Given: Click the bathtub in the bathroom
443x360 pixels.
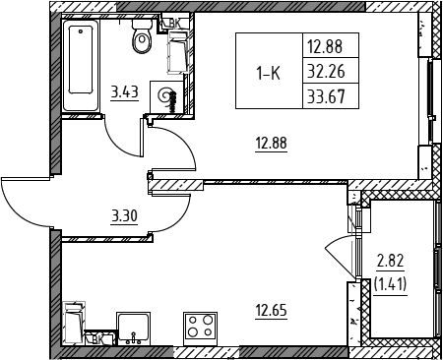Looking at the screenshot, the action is pyautogui.click(x=81, y=66).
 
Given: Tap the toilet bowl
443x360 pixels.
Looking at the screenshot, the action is pyautogui.click(x=142, y=36).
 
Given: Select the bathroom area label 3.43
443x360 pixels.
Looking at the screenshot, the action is pyautogui.click(x=125, y=92).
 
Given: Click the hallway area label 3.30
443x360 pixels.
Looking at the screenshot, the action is pyautogui.click(x=124, y=216).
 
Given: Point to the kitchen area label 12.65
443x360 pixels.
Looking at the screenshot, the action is pyautogui.click(x=272, y=310).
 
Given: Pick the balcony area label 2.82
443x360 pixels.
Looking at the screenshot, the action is pyautogui.click(x=390, y=262).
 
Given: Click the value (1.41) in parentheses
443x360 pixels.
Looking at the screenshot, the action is pyautogui.click(x=390, y=284).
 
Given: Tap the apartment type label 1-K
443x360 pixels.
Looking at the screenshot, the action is pyautogui.click(x=269, y=74).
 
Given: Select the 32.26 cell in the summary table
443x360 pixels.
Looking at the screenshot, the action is pyautogui.click(x=331, y=71).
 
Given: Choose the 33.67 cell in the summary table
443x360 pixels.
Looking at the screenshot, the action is pyautogui.click(x=331, y=96).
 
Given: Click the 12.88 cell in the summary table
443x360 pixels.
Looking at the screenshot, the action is pyautogui.click(x=331, y=46).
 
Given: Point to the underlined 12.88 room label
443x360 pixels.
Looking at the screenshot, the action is pyautogui.click(x=272, y=144).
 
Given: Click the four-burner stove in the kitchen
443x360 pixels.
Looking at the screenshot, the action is pyautogui.click(x=200, y=329).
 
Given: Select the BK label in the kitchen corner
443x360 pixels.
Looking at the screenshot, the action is pyautogui.click(x=97, y=340).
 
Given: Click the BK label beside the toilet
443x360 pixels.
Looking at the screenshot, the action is pyautogui.click(x=175, y=23).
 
